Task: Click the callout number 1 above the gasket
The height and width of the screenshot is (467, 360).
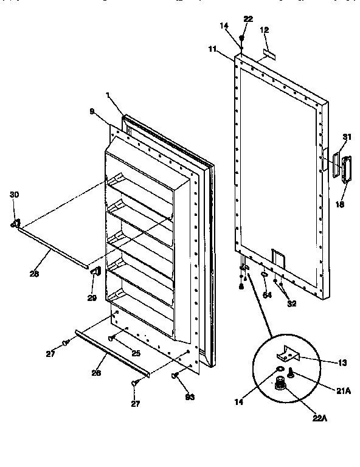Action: [x=108, y=95]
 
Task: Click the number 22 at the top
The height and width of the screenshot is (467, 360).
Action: [x=248, y=20]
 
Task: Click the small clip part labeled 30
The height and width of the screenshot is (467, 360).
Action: [x=15, y=224]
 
